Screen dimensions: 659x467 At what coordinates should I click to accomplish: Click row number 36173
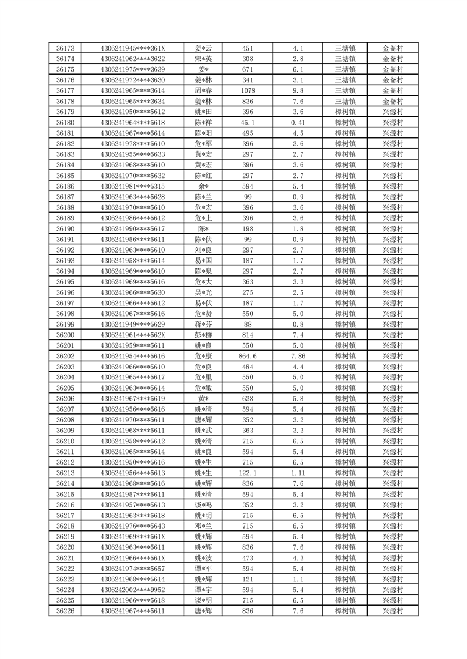point(65,48)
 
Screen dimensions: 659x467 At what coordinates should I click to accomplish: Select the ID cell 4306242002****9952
point(132,590)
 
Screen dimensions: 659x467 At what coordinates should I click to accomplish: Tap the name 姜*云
point(204,48)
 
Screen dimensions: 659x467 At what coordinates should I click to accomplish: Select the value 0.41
point(298,122)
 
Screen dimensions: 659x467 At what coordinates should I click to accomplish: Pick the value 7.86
point(298,356)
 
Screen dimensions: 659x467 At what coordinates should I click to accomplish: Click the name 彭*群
point(204,335)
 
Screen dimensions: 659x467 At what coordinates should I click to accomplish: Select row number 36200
point(65,335)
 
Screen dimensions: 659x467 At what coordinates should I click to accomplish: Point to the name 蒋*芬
point(204,324)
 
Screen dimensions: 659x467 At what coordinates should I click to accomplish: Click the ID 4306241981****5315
point(132,186)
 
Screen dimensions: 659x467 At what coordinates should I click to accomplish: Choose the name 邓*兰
point(204,526)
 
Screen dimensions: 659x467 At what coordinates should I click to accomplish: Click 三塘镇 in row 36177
point(345,90)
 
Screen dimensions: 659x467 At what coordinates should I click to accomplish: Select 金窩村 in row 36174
point(393,59)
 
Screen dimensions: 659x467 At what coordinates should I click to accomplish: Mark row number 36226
point(65,611)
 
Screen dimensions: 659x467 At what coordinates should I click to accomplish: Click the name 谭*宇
point(204,590)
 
